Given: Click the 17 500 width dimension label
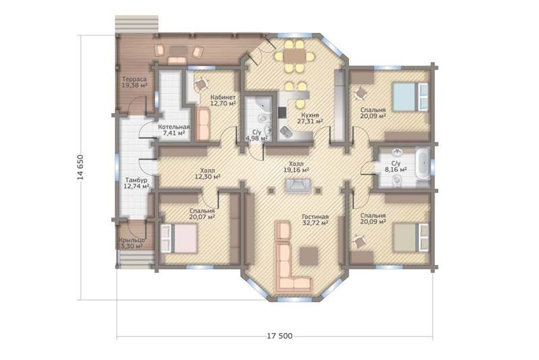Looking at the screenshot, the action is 280,336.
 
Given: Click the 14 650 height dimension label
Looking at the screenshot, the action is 80,167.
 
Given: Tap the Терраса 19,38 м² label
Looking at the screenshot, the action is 134,82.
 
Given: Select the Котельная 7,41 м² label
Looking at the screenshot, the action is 174,130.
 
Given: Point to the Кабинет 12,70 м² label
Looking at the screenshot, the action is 223,100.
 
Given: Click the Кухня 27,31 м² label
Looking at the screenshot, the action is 310,118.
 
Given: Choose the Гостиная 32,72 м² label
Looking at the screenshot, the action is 315,220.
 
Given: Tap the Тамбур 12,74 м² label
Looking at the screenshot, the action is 137,183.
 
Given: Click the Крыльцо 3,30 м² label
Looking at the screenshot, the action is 131,243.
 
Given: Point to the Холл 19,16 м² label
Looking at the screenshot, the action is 296,167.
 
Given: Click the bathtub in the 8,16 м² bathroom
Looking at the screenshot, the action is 423,163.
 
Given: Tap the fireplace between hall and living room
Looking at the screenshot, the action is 298,185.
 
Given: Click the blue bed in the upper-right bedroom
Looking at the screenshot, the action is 410,96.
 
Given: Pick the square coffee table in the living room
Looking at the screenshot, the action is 309,256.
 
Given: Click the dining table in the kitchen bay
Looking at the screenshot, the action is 295,56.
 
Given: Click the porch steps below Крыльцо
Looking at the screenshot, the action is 135,259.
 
